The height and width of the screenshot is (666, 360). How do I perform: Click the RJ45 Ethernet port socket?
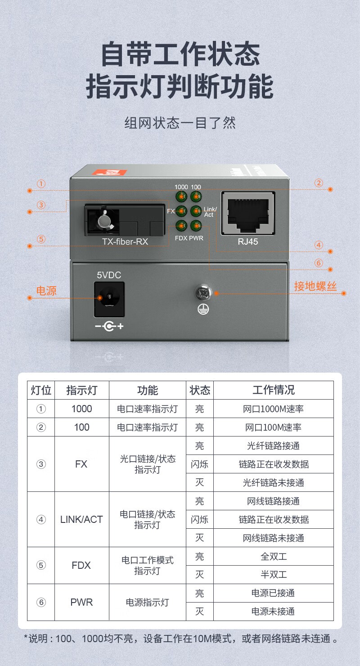(x=248, y=213)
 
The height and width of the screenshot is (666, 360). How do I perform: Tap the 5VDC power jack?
(x=109, y=299)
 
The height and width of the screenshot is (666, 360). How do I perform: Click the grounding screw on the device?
(x=203, y=292)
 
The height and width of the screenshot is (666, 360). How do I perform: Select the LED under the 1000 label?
(x=181, y=197)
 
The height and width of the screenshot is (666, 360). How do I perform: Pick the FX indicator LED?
(x=181, y=211)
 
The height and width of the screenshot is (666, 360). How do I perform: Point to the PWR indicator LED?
(x=196, y=225)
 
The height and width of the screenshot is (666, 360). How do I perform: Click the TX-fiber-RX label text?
(x=125, y=241)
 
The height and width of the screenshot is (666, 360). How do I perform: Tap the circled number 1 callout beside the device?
(x=41, y=184)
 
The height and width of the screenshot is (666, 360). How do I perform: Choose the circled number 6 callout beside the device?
(x=319, y=263)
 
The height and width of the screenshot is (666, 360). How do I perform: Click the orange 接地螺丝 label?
(x=315, y=286)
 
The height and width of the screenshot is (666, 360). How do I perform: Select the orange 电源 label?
(x=46, y=291)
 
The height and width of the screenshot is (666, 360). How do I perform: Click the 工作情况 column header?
(x=274, y=390)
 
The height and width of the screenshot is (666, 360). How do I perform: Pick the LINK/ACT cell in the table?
(x=81, y=519)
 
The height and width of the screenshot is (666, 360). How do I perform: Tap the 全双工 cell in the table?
(x=274, y=556)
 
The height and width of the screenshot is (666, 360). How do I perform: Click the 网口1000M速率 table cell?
(x=273, y=409)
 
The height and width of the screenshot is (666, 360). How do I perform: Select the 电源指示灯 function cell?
(x=148, y=603)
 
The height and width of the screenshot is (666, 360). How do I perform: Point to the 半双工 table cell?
(x=274, y=574)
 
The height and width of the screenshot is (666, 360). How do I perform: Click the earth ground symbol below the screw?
(x=203, y=309)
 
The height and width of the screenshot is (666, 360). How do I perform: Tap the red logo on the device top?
(x=109, y=172)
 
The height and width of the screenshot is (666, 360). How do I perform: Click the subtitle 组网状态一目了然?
(x=180, y=123)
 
